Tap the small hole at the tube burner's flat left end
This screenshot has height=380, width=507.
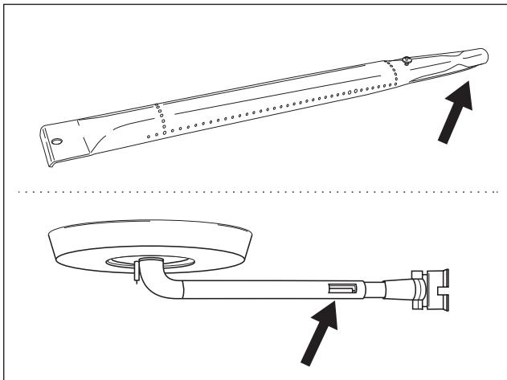point(57,140)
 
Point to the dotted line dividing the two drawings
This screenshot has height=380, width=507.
point(253,192)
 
